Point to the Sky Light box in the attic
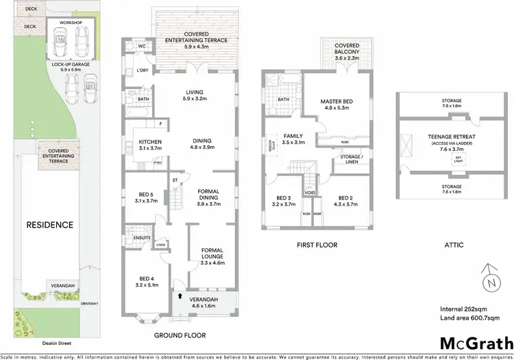pos(458,159)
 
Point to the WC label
pos(143,47)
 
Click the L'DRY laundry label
pos(143,71)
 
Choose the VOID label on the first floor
pos(310,193)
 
